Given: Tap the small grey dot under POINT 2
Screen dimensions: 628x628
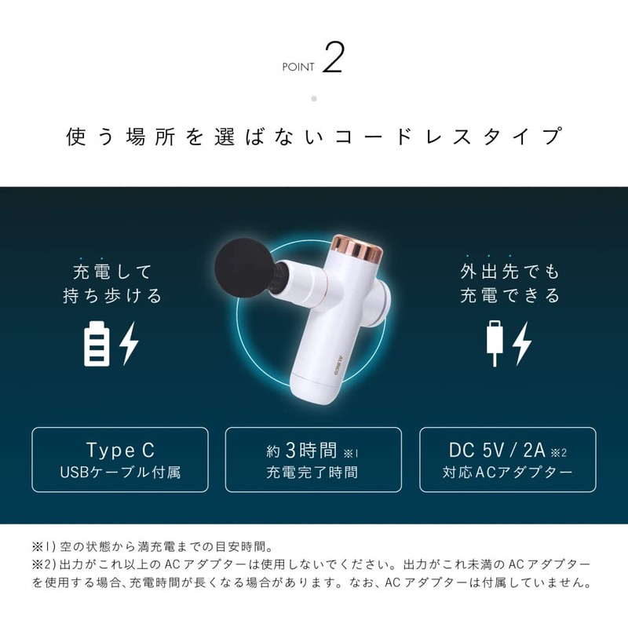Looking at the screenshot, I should coord(314,99).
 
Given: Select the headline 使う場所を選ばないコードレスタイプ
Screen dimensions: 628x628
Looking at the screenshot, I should coord(314,137).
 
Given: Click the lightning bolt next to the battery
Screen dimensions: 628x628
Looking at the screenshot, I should coord(129,342).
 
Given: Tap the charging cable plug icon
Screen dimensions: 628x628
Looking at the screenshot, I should coord(494,343).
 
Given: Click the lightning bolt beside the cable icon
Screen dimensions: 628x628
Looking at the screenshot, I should coord(523,342).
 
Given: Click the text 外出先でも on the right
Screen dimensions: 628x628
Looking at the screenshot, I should coord(510,272).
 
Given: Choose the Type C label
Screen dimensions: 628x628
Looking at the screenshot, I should coord(120,450).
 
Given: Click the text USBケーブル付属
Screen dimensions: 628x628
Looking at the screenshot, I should coord(120,473).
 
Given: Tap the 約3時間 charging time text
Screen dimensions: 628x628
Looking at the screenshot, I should coord(302,451).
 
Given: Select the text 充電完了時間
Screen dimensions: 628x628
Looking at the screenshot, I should coord(312,473).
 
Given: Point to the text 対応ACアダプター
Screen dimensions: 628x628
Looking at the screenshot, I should coord(507,473).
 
